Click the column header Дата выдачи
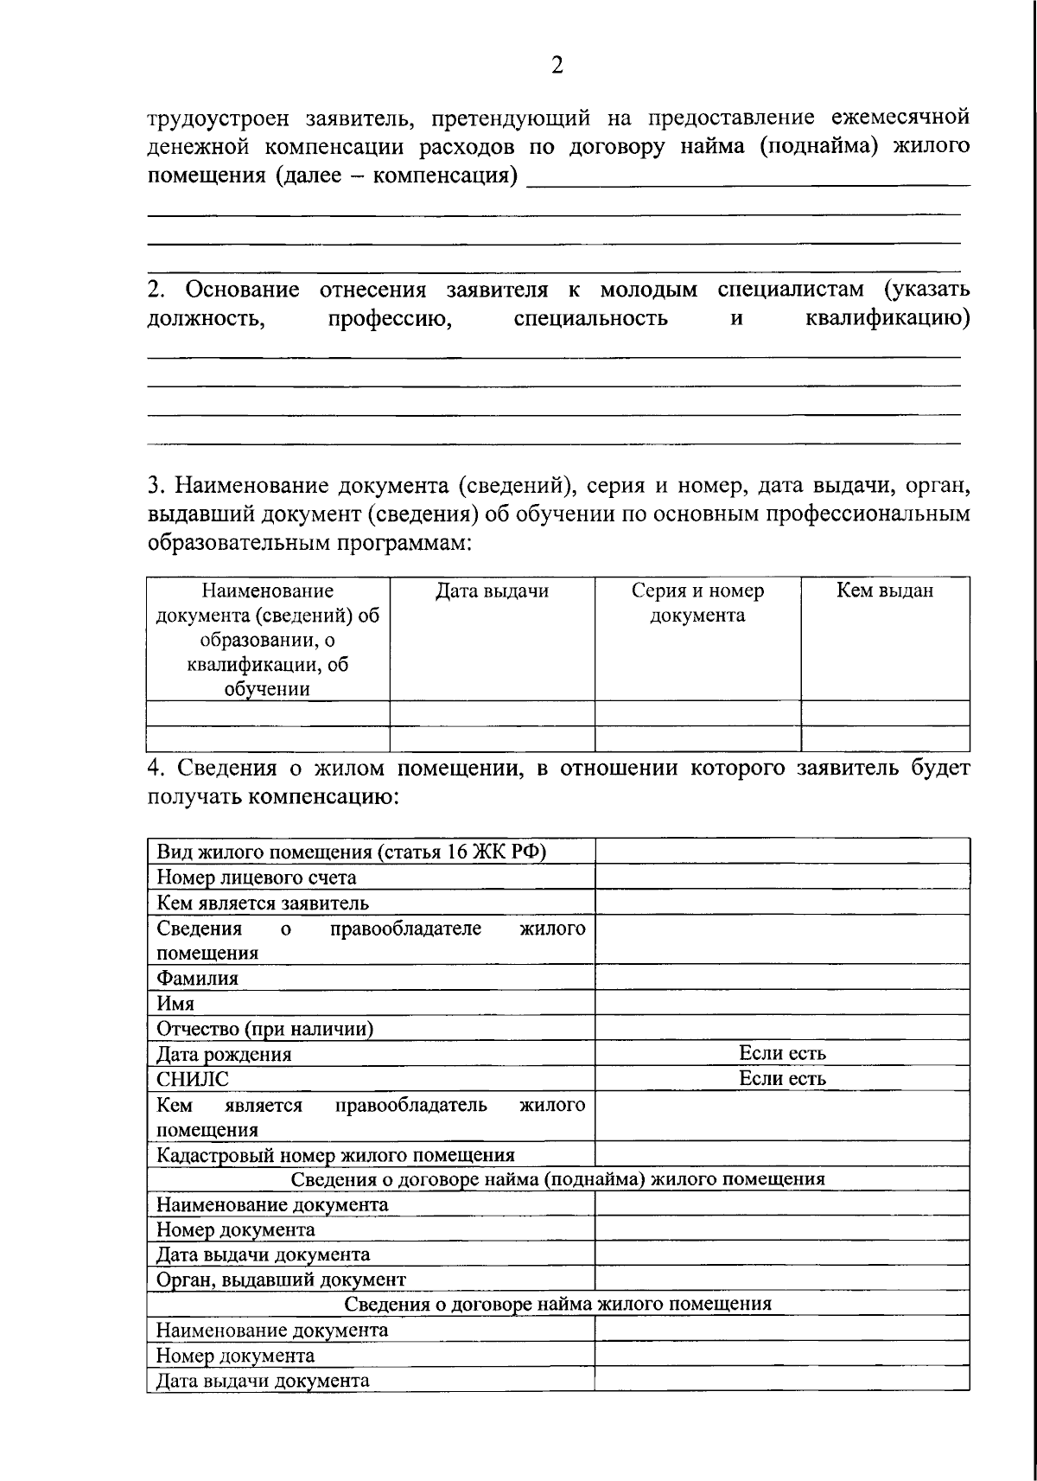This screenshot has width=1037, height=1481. [x=491, y=591]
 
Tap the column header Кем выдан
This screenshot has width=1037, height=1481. [x=884, y=591]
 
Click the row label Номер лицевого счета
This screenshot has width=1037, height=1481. [x=256, y=878]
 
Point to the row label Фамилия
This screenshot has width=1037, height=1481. [x=196, y=978]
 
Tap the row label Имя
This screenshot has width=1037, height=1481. [x=175, y=1003]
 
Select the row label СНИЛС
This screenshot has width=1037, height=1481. [x=193, y=1079]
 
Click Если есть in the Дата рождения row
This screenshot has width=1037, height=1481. [x=782, y=1053]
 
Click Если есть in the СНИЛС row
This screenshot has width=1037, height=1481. [x=782, y=1078]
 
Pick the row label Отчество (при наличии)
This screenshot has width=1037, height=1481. [x=264, y=1029]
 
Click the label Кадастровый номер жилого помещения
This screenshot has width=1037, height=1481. [x=335, y=1155]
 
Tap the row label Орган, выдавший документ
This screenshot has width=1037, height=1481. [x=280, y=1280]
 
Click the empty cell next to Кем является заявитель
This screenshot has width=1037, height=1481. [x=782, y=903]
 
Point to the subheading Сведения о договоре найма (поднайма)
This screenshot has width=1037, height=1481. [x=557, y=1179]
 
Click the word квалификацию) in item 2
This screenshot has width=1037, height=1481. [x=887, y=318]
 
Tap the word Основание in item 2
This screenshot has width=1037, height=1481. [x=242, y=289]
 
